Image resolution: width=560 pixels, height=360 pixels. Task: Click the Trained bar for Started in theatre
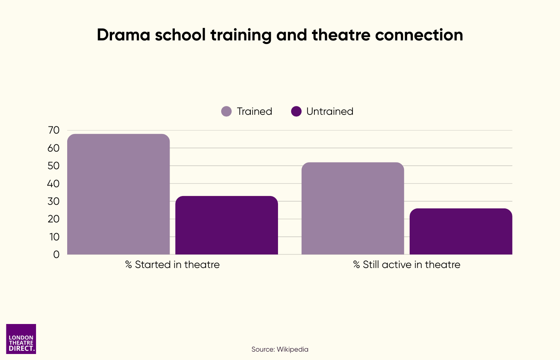[118, 194]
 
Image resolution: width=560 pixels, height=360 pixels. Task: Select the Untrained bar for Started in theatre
[226, 225]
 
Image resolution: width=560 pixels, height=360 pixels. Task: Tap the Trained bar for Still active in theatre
[352, 208]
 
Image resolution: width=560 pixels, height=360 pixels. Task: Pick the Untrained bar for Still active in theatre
[461, 231]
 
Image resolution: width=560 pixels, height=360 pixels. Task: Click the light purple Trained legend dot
[226, 111]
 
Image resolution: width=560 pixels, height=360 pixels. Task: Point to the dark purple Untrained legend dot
[296, 111]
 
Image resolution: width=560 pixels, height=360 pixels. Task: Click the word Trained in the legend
[254, 111]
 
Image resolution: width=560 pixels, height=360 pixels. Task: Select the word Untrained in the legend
[330, 111]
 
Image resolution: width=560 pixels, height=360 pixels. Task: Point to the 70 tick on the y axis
[54, 130]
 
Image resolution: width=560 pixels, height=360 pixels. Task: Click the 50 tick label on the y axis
[54, 166]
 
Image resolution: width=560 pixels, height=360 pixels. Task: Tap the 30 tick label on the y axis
[54, 201]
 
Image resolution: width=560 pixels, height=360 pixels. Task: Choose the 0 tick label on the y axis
[56, 254]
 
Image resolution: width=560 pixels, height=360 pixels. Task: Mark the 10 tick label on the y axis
[54, 237]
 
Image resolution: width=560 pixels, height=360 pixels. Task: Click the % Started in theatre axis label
[172, 265]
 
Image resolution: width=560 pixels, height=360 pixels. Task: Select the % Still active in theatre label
[407, 265]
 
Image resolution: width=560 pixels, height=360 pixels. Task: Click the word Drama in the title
[123, 35]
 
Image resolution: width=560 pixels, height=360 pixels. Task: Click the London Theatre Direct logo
[21, 339]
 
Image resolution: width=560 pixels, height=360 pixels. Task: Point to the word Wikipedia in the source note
[292, 349]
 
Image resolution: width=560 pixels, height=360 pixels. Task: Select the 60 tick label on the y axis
[54, 148]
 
